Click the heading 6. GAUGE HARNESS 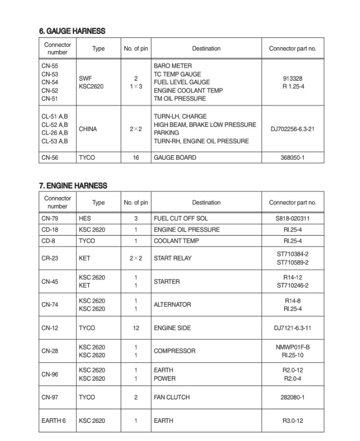pos(72,31)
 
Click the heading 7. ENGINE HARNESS pos(73,186)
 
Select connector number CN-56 pos(50,158)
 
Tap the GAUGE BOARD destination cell pos(175,158)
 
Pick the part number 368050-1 pos(292,158)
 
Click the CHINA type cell pos(88,129)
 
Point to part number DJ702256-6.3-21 pos(292,129)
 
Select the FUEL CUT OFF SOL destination pos(180,218)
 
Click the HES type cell pos(85,218)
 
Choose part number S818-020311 pos(292,218)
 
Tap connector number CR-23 pos(50,258)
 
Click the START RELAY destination pos(172,258)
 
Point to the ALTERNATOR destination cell pos(172,305)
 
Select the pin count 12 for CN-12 pos(136,328)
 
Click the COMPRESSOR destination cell pos(175,351)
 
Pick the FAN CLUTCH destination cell pos(171,397)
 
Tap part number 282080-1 pos(292,397)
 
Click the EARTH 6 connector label pos(54,421)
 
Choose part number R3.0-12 pos(292,421)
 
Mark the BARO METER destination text pos(172,66)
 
